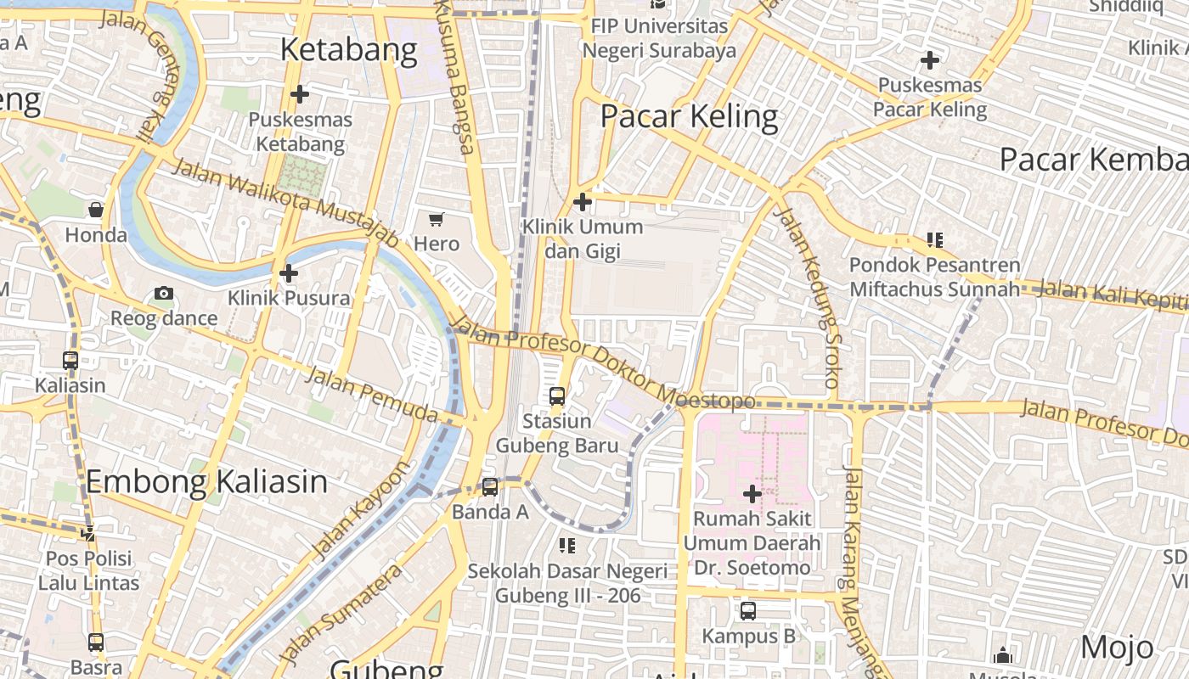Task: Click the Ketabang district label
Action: click(348, 51)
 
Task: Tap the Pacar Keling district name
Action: click(689, 116)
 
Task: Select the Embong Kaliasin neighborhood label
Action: click(206, 482)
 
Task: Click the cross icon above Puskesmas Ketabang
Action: click(299, 93)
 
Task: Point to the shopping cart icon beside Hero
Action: click(437, 220)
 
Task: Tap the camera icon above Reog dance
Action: click(164, 294)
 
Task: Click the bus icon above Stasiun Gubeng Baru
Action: click(557, 396)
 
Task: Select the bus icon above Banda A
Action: click(490, 486)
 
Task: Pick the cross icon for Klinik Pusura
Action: click(289, 273)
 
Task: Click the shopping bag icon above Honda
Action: click(96, 210)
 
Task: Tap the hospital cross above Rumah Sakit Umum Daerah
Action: click(752, 493)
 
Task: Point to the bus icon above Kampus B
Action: click(748, 610)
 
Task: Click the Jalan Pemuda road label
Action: click(371, 395)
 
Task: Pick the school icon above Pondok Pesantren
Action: click(935, 240)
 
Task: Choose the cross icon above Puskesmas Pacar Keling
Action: click(930, 60)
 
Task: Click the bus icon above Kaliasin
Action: click(70, 360)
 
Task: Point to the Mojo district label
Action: click(1118, 648)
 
